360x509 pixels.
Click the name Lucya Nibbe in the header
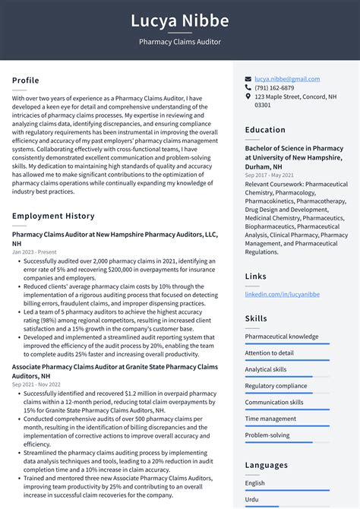pos(180,21)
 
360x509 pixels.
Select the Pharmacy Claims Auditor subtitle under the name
pos(180,42)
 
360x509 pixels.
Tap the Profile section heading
pos(26,81)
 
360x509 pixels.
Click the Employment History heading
pos(53,217)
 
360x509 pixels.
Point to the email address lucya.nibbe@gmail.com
pos(287,79)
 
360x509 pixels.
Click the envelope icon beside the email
pos(248,79)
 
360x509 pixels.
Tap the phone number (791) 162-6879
pos(274,88)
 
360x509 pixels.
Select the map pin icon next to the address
pos(248,97)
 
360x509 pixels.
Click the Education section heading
pos(265,130)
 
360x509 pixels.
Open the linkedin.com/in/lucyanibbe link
pos(282,294)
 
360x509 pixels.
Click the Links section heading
pos(256,277)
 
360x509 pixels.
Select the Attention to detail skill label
pos(269,353)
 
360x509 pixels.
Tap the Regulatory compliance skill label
pos(276,386)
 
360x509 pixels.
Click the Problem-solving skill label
pos(267,435)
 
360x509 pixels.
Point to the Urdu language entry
pos(251,499)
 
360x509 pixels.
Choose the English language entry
pos(254,482)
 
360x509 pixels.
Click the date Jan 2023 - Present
pos(35,251)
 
